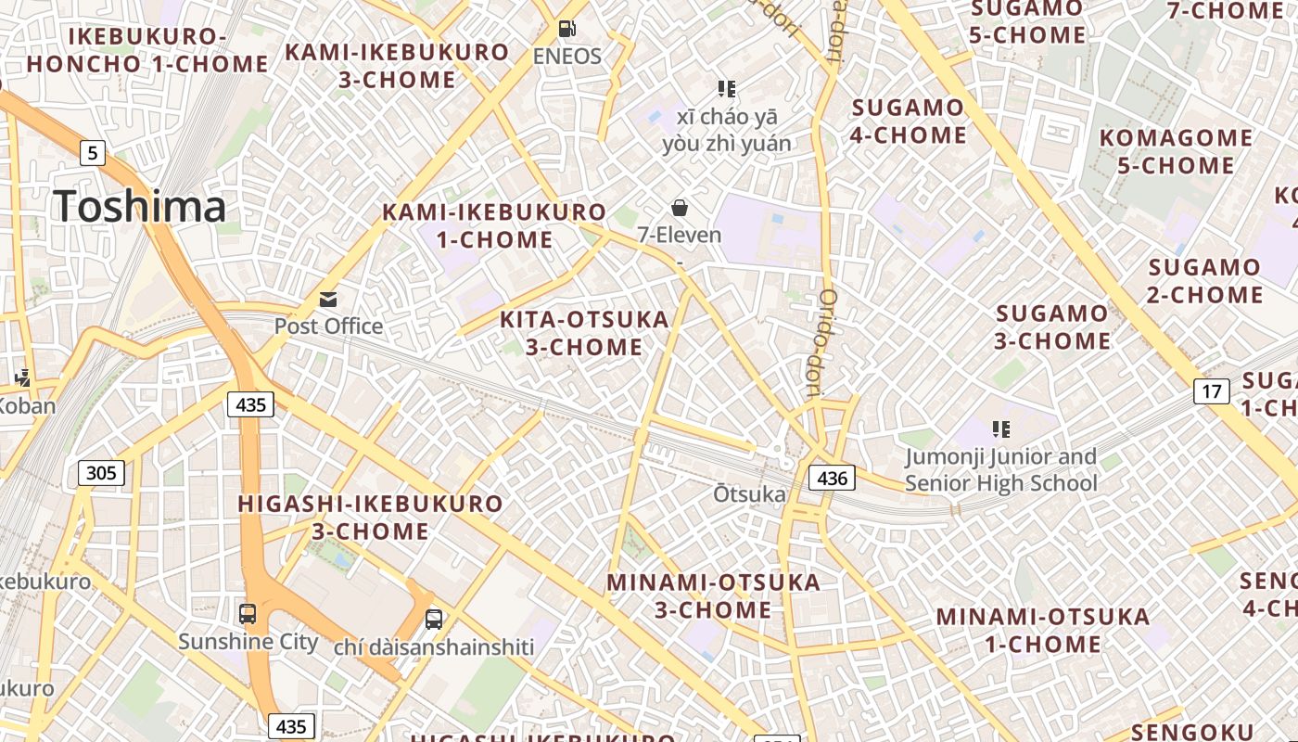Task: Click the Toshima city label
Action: [x=140, y=206]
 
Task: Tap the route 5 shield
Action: [x=92, y=152]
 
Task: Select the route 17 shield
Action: [x=1211, y=391]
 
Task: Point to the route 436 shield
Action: [x=832, y=478]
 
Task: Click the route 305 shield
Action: [x=100, y=473]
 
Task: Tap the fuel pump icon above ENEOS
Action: [x=567, y=30]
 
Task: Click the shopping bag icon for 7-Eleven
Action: [x=680, y=208]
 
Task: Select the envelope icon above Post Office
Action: [x=328, y=299]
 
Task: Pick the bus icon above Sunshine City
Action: [x=248, y=613]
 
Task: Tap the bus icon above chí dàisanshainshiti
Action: [x=434, y=619]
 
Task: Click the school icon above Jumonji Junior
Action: [x=1000, y=429]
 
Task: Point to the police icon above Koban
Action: [x=22, y=377]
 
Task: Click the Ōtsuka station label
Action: [x=749, y=493]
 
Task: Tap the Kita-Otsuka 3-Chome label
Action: [x=584, y=333]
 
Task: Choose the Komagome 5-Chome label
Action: [x=1176, y=152]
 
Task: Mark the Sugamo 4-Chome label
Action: [x=909, y=122]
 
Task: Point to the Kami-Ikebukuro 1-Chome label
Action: [x=495, y=226]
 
